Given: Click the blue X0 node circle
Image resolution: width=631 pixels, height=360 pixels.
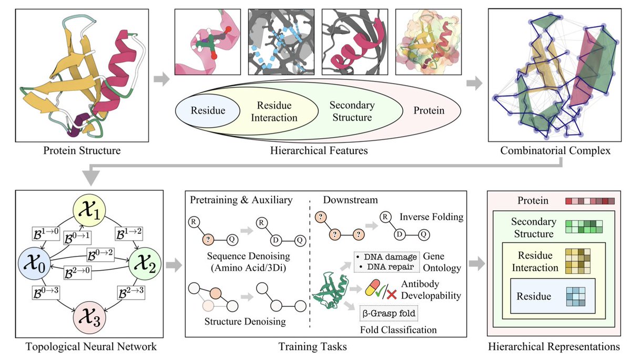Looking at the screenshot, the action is click(34, 263).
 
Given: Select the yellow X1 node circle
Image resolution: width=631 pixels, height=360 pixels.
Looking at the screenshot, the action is click(89, 211).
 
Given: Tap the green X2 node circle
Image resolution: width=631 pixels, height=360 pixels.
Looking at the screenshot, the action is click(145, 264).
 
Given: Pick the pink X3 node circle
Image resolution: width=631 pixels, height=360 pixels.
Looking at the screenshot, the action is click(89, 318).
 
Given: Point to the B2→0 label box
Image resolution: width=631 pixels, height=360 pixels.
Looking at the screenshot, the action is click(77, 272).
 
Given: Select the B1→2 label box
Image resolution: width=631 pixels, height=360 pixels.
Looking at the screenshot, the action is click(129, 234).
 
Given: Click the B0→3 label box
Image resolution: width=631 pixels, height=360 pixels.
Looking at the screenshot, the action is click(46, 292).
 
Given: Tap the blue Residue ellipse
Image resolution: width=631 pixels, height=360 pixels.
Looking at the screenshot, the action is click(208, 110).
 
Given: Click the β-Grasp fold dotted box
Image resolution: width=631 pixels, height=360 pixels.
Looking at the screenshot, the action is click(389, 313).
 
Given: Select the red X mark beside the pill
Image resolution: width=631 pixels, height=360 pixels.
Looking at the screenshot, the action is click(391, 295).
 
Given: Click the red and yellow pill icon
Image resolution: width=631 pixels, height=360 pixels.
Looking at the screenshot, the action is click(372, 287).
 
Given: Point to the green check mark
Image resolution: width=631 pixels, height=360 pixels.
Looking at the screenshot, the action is click(381, 291).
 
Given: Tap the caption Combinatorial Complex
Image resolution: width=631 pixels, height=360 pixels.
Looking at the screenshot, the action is click(555, 151).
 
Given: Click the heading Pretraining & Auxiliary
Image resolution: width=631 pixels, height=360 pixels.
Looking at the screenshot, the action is click(241, 200).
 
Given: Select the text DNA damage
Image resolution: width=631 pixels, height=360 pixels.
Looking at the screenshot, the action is click(390, 256).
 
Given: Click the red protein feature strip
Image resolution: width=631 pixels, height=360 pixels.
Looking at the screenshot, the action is click(590, 201).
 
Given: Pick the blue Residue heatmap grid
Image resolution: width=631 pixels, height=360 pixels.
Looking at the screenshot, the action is click(576, 296).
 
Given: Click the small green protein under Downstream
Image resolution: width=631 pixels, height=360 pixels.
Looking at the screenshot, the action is click(330, 290).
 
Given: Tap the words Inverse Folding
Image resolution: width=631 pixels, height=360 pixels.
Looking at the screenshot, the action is click(432, 217).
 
